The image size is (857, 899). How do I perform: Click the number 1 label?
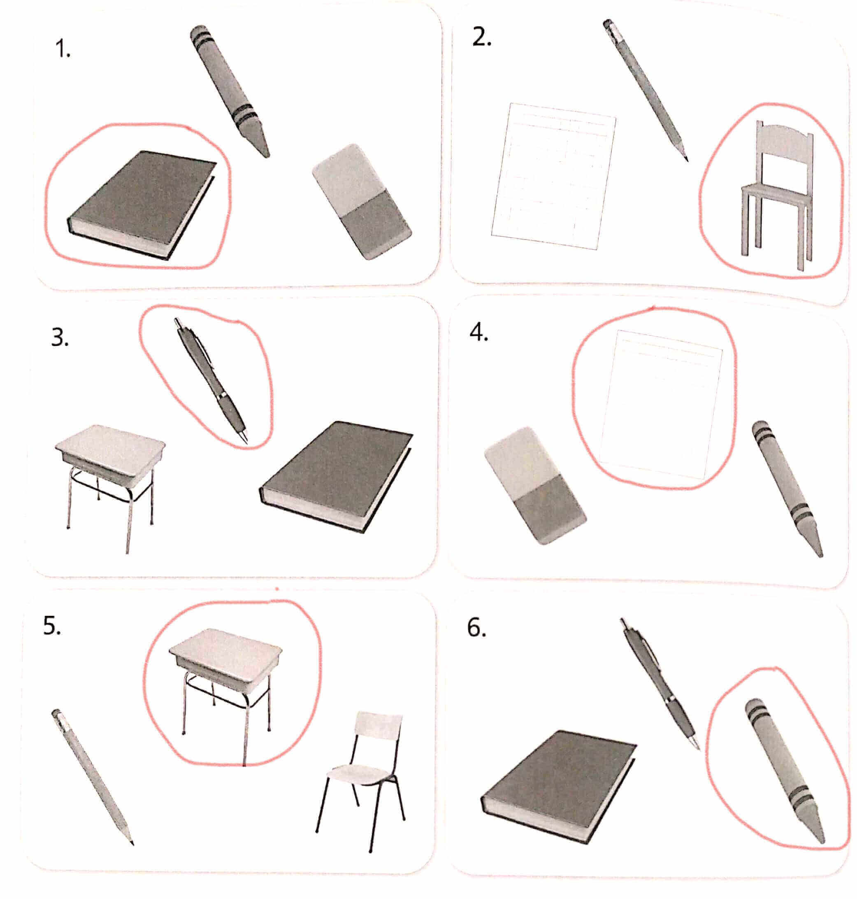coord(63,49)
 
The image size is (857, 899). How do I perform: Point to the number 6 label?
coord(476,629)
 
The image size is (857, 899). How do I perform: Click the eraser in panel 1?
coord(362,202)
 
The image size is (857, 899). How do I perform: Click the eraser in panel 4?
coord(535,485)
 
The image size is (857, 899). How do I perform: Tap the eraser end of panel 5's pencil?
coord(57,714)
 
